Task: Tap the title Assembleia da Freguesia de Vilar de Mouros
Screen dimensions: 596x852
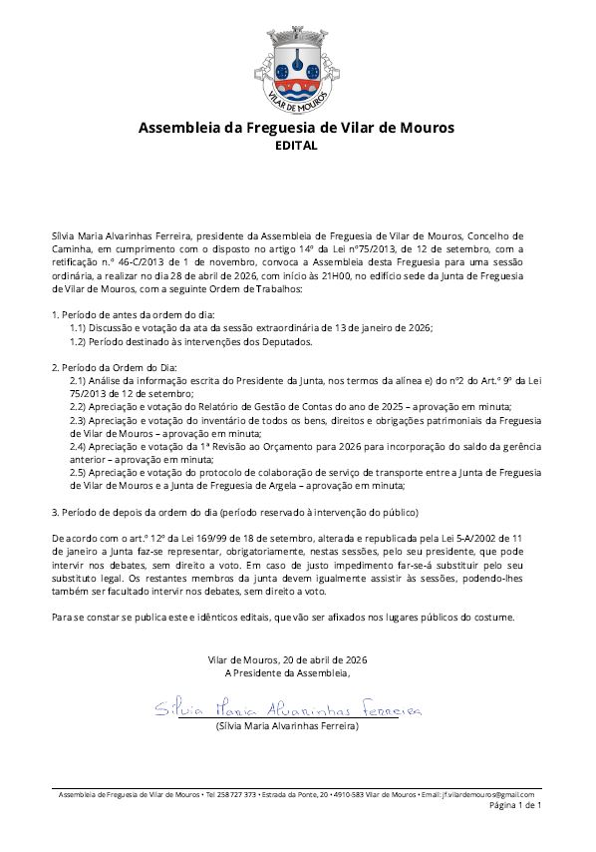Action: [295, 128]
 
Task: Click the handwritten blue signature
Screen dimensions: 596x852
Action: [288, 709]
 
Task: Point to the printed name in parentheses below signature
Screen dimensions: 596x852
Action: [288, 727]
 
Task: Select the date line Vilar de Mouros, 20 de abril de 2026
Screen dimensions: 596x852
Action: [288, 660]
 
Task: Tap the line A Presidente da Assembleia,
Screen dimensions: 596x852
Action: [288, 673]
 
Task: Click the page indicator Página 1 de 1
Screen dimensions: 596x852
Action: [515, 804]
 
